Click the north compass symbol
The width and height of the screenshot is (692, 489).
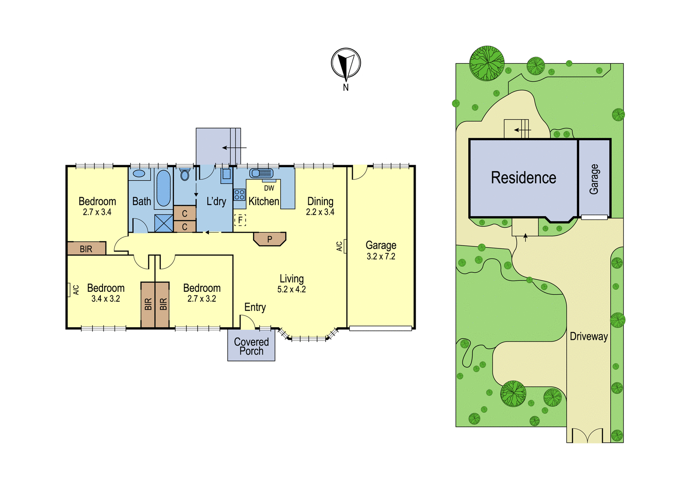tap(346, 63)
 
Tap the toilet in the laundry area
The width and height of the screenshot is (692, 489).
tap(184, 174)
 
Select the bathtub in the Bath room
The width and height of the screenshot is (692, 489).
tap(163, 188)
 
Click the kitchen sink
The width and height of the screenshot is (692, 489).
tap(261, 173)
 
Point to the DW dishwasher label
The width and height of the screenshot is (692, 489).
tap(269, 188)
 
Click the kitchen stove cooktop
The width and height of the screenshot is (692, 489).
tap(239, 195)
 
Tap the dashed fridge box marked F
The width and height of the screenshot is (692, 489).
tap(240, 220)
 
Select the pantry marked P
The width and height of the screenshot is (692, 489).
tap(270, 239)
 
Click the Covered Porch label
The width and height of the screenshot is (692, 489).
tap(251, 346)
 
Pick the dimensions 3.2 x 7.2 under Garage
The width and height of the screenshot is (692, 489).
tap(381, 256)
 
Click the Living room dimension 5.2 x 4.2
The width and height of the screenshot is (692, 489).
tap(292, 289)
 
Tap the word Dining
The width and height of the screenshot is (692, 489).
tap(320, 201)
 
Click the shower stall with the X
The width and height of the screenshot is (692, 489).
tap(164, 223)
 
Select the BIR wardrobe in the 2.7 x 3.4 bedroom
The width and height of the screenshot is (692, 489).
tap(87, 248)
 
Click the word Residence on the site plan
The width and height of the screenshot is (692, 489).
tap(524, 178)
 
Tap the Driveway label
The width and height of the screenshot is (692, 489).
tap(589, 336)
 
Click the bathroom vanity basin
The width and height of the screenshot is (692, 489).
tap(139, 174)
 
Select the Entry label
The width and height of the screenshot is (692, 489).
tap(255, 307)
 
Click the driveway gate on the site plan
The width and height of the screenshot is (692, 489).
tap(587, 435)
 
